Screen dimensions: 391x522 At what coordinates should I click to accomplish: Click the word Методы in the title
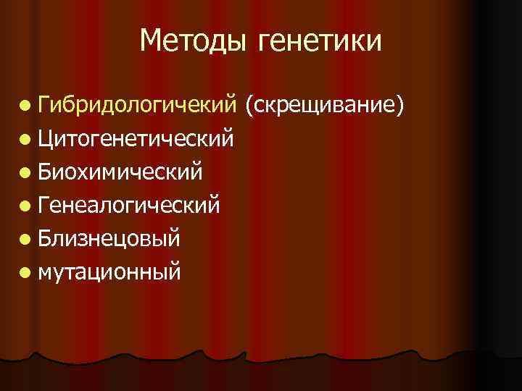[193, 41]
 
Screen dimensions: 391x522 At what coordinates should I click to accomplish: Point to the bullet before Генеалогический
[27, 207]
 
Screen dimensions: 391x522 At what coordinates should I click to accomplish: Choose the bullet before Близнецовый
[27, 240]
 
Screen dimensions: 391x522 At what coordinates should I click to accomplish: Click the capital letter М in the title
[152, 41]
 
